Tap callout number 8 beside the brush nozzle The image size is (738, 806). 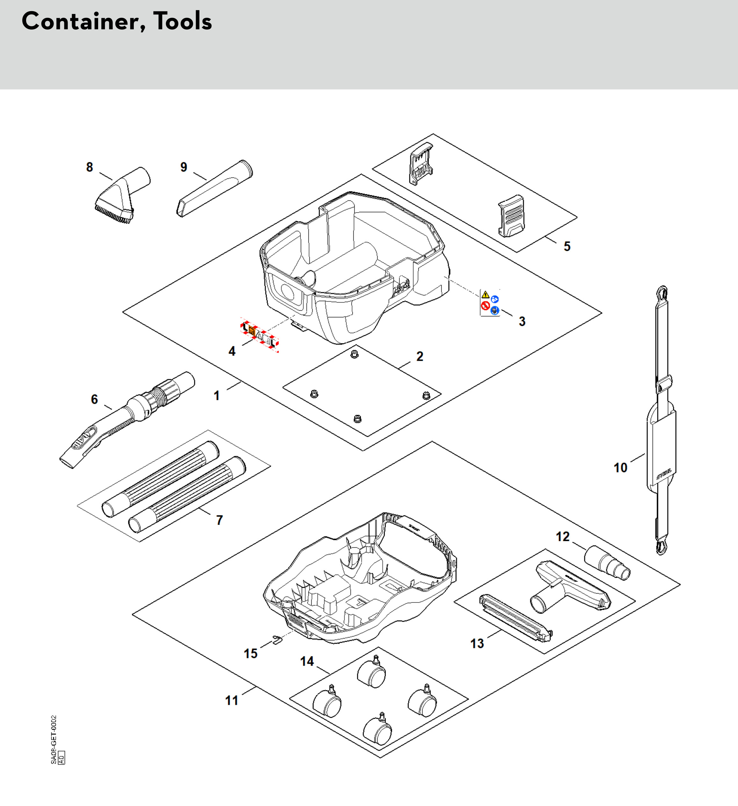click(x=90, y=167)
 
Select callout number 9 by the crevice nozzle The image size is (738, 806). click(x=184, y=167)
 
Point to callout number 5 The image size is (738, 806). click(x=567, y=246)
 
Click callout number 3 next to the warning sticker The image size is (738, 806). click(x=522, y=321)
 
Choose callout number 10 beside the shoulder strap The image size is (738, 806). click(x=620, y=468)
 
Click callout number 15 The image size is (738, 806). click(x=251, y=654)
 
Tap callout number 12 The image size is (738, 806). click(x=562, y=536)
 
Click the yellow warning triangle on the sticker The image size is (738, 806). click(x=485, y=295)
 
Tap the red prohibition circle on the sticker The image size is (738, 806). click(x=486, y=306)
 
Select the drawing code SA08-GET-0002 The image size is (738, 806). click(x=54, y=740)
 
